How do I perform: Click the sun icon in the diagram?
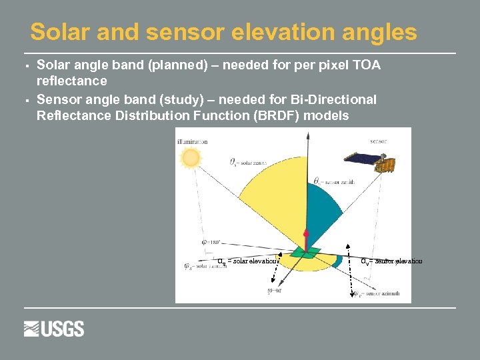(x=191, y=157)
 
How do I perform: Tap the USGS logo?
(x=54, y=329)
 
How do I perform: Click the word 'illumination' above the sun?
(x=192, y=141)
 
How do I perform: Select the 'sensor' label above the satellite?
(x=377, y=141)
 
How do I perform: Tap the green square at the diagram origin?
(x=306, y=253)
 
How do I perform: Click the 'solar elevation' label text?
(x=248, y=261)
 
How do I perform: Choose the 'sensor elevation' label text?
(x=392, y=261)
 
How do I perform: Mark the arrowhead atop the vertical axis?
(x=307, y=134)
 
